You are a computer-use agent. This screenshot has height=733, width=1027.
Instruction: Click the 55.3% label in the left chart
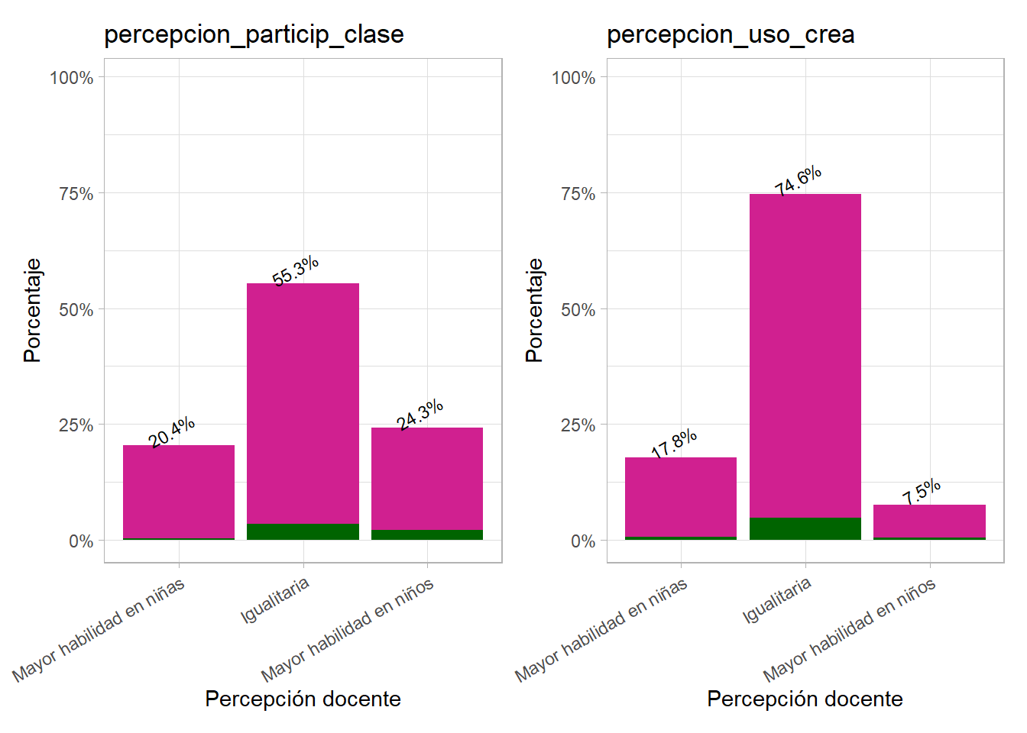[295, 271]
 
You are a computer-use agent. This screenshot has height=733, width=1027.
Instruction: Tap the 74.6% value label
[798, 181]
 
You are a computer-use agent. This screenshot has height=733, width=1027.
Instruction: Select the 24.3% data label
[420, 414]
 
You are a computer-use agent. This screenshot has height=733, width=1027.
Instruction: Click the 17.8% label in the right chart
[674, 444]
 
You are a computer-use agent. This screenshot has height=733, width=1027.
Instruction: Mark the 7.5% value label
[921, 492]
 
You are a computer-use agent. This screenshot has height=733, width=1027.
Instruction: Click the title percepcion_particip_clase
[254, 34]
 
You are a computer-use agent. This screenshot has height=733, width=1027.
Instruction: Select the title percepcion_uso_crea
[730, 34]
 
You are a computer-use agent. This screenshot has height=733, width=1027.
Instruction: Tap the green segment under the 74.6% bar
[805, 528]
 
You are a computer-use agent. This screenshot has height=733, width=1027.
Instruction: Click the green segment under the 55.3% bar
[303, 531]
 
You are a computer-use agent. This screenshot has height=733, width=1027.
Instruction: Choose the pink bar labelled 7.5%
[929, 521]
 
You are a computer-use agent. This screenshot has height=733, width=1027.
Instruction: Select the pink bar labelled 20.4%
[179, 492]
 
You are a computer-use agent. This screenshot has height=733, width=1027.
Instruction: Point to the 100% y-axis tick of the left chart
[72, 78]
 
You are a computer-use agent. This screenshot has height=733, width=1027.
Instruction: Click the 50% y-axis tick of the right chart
[578, 309]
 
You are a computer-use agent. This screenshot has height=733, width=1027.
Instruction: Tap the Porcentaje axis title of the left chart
[32, 310]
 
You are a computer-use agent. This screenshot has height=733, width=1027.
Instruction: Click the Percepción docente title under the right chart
[805, 699]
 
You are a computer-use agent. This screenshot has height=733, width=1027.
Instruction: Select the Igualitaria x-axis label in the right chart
[777, 600]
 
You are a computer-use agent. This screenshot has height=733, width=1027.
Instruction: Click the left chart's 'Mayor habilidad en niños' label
[348, 630]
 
